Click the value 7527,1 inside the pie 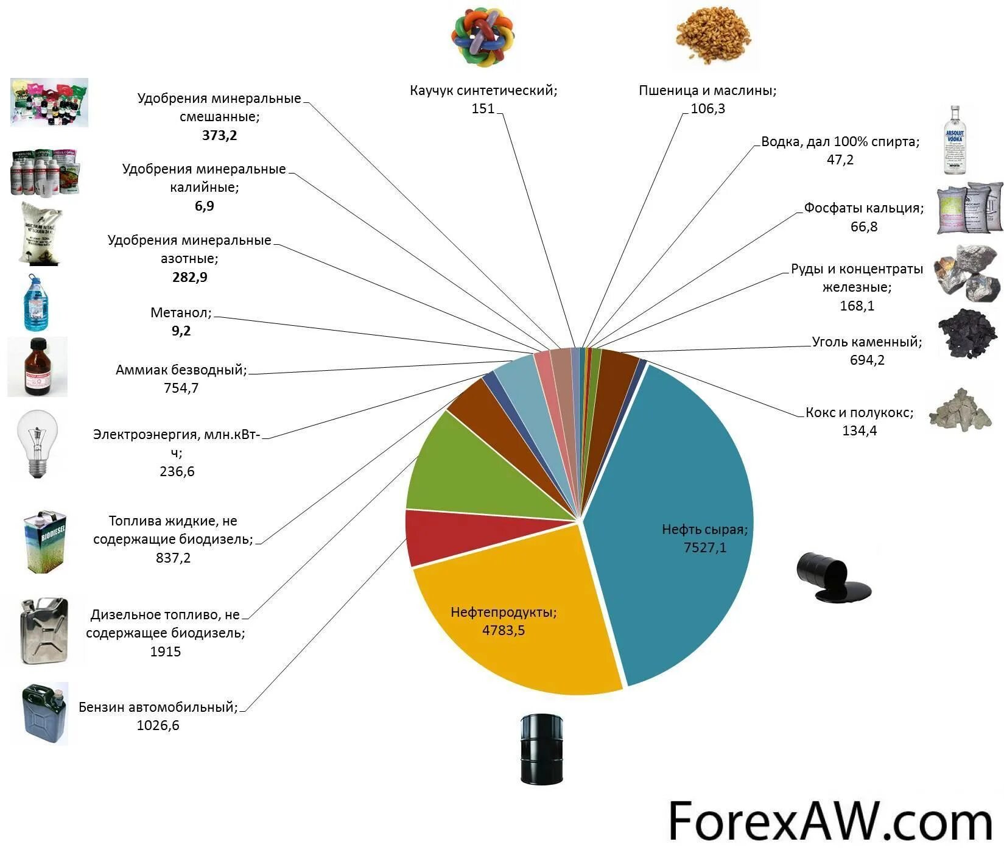[x=704, y=547]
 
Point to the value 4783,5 [x=504, y=630]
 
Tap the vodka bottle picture [x=954, y=140]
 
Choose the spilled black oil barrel [x=832, y=576]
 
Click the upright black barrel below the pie [x=541, y=748]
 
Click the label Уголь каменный [x=866, y=342]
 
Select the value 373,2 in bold [x=219, y=135]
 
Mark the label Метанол [x=181, y=313]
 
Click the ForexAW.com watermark [x=830, y=821]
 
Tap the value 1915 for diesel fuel [x=166, y=652]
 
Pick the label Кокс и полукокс [x=859, y=412]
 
